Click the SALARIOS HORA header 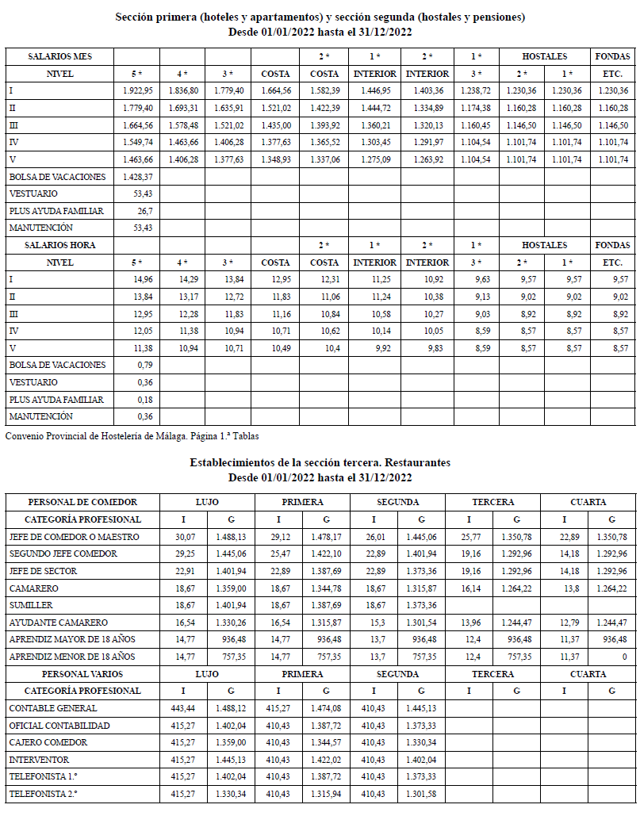click(60, 245)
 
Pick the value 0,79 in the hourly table click(144, 365)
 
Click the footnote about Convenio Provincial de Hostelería click(132, 435)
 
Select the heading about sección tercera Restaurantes click(320, 462)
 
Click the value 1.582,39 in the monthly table click(324, 91)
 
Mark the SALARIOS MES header click(60, 57)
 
